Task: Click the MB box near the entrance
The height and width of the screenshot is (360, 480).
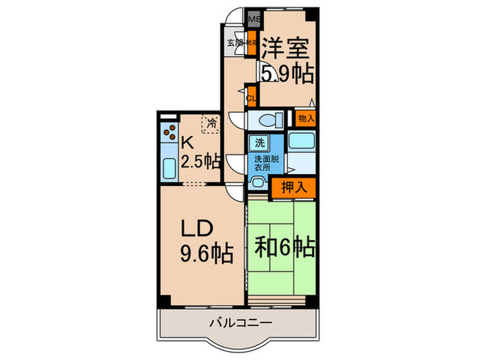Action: [253, 19]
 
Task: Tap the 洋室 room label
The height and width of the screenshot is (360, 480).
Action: [285, 48]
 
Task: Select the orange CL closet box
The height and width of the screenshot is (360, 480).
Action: [251, 97]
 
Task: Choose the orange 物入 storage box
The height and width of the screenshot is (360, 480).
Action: [307, 118]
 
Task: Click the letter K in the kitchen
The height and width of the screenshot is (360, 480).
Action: [187, 143]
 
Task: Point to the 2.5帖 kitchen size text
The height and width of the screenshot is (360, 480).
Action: [200, 162]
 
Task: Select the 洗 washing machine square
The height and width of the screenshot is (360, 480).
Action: [259, 143]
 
